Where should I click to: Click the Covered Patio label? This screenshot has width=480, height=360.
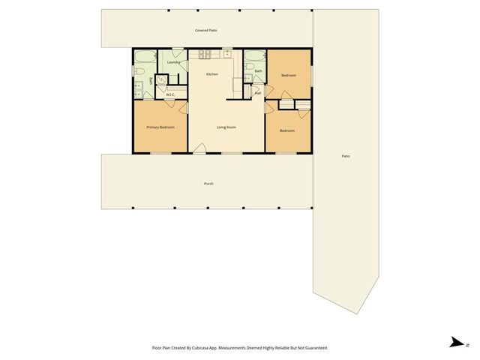tap(206, 31)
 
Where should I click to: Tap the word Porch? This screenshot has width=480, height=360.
tap(208, 184)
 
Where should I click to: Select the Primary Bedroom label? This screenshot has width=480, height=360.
tap(160, 127)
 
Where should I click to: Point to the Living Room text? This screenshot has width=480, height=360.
tap(226, 127)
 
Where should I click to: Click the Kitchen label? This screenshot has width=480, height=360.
tap(212, 74)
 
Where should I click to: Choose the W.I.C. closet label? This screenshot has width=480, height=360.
tap(170, 94)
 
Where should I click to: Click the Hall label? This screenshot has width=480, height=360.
tap(257, 92)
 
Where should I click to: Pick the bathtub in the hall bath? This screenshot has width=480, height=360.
tap(253, 57)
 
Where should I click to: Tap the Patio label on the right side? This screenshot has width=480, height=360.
tap(346, 156)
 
